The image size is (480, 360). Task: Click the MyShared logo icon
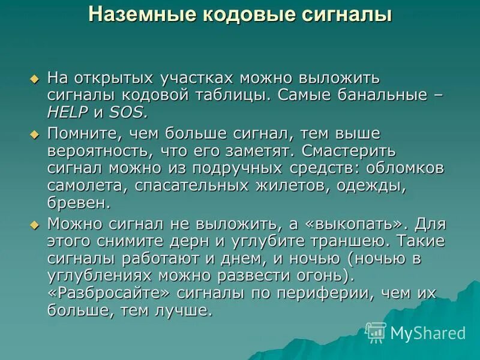tap(376, 332)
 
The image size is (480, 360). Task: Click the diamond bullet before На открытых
tap(34, 79)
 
